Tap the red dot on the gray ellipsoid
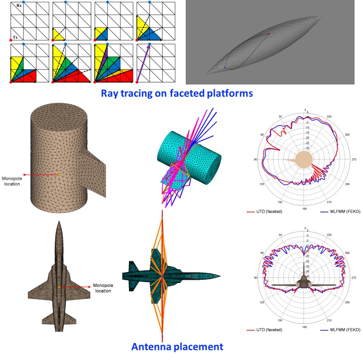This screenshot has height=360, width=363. tap(269, 34)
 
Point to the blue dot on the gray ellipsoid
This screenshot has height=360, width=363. tap(225, 68)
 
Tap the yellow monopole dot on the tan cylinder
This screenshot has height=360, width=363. tap(59, 175)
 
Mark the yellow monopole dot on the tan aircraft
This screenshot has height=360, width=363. tap(59, 286)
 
